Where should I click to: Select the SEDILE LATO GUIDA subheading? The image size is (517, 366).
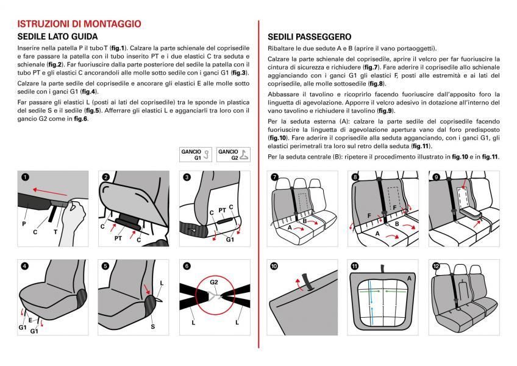[58, 37]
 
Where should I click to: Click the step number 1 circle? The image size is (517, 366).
[24, 178]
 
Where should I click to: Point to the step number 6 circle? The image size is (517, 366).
[187, 266]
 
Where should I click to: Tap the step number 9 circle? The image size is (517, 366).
[436, 178]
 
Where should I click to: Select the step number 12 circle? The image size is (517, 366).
[436, 266]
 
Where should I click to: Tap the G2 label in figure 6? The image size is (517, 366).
[214, 282]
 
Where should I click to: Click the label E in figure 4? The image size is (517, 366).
[29, 319]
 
